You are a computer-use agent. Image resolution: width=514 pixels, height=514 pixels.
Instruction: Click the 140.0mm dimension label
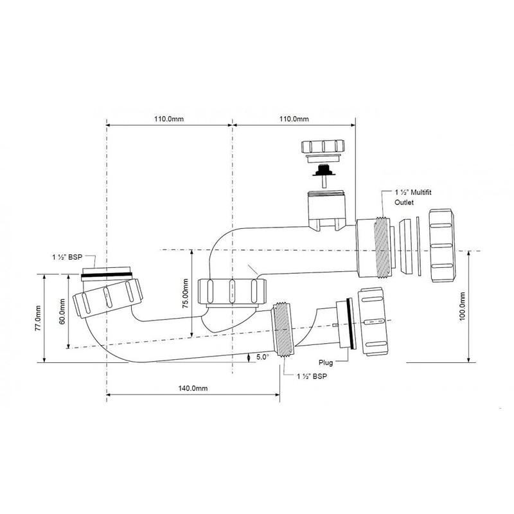click(193, 388)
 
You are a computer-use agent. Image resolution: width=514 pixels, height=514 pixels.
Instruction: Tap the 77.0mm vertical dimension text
click(38, 318)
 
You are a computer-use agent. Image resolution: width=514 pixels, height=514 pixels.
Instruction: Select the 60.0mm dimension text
click(62, 311)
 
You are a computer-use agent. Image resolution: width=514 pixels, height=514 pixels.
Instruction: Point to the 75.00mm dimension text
click(185, 294)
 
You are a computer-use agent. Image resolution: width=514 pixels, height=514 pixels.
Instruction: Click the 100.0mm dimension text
click(462, 306)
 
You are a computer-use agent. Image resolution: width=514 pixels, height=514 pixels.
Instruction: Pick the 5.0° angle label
click(262, 357)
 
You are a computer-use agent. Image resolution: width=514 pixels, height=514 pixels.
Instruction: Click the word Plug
click(326, 362)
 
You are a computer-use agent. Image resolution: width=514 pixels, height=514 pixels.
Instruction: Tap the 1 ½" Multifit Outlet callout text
click(412, 197)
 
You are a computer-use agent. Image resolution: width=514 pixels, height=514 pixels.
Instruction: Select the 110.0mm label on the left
click(169, 119)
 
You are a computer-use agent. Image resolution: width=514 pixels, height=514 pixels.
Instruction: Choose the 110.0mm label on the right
click(294, 119)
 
